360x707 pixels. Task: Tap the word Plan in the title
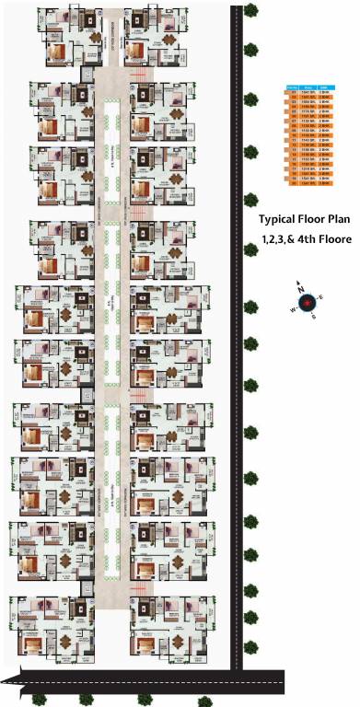(339, 220)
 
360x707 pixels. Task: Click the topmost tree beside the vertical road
(250, 11)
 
